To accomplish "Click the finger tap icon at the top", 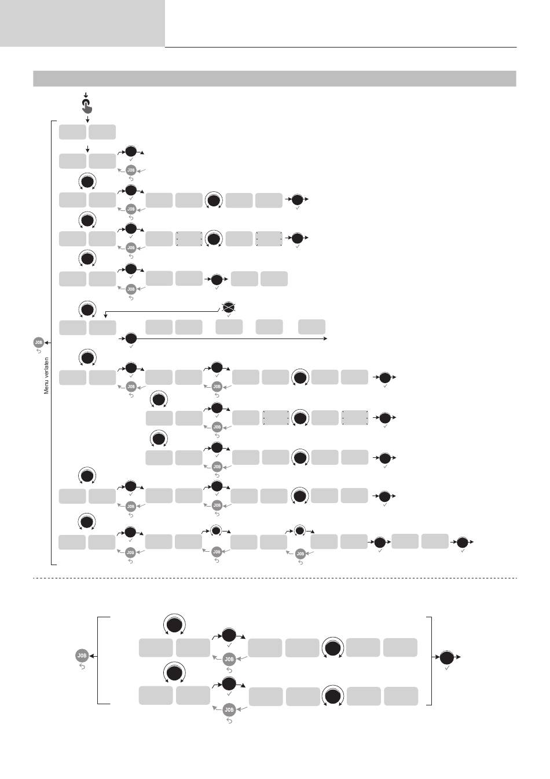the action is tap(86, 105).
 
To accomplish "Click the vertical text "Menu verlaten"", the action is tap(47, 376).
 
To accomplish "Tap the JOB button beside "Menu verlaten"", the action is tap(39, 343).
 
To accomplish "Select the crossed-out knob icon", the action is tap(229, 307).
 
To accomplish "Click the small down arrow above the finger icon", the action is tap(86, 94).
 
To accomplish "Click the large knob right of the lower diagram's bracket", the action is tap(447, 657).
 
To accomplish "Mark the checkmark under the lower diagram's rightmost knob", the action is tap(447, 669).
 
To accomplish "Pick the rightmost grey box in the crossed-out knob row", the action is tap(311, 326).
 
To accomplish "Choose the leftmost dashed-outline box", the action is tap(189, 238).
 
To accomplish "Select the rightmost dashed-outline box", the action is tap(355, 417).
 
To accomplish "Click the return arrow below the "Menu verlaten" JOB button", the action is tap(39, 351).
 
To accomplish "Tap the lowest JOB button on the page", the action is tap(229, 709).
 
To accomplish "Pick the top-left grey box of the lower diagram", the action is tap(156, 648).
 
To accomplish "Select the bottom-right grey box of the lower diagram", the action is tap(401, 696).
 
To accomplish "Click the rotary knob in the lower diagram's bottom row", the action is tap(333, 696).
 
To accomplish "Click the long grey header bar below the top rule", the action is tap(274, 78).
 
